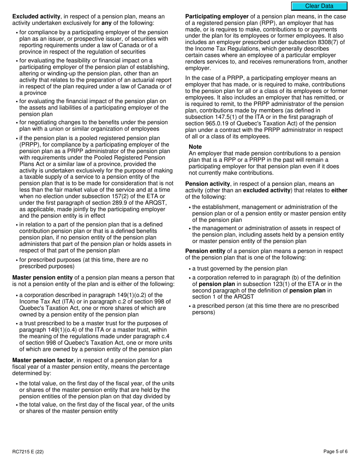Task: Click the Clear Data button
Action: [x=319, y=6]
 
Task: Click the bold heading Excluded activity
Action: [x=36, y=17]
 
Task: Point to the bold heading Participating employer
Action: [x=217, y=17]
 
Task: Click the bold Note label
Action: [x=195, y=147]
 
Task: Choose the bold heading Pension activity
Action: [x=208, y=184]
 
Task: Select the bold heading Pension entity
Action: [x=205, y=251]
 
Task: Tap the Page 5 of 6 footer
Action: [x=335, y=452]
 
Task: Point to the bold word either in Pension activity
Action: [x=339, y=191]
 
